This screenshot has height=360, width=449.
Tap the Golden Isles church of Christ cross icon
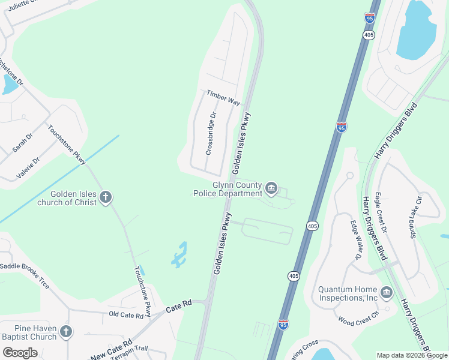click(x=106, y=197)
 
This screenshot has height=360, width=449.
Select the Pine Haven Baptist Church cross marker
click(x=66, y=332)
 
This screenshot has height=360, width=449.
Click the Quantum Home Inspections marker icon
click(x=387, y=293)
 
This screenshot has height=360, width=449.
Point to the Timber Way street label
click(x=223, y=98)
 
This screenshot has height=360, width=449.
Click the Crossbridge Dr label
click(x=211, y=134)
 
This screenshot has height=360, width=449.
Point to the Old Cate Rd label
click(x=126, y=314)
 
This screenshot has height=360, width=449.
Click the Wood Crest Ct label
click(x=359, y=316)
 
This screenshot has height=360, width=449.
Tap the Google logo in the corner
click(x=20, y=353)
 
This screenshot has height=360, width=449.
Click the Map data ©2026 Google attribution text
click(x=412, y=355)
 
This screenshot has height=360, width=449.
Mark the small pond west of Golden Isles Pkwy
click(x=178, y=256)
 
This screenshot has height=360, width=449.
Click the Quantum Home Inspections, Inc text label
click(x=348, y=293)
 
